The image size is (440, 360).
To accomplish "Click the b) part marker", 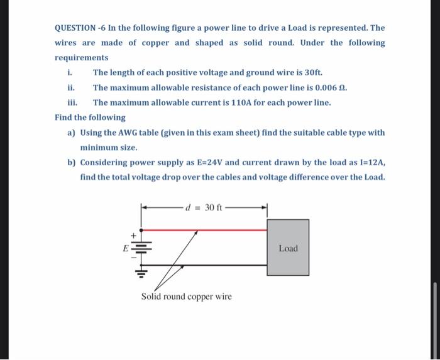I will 72,162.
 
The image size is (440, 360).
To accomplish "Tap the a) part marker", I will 72,133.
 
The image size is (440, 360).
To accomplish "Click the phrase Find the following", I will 90,117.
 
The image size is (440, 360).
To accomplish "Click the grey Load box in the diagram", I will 288,248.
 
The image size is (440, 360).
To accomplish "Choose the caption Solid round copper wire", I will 186,297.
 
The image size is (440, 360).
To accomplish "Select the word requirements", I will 81,58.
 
